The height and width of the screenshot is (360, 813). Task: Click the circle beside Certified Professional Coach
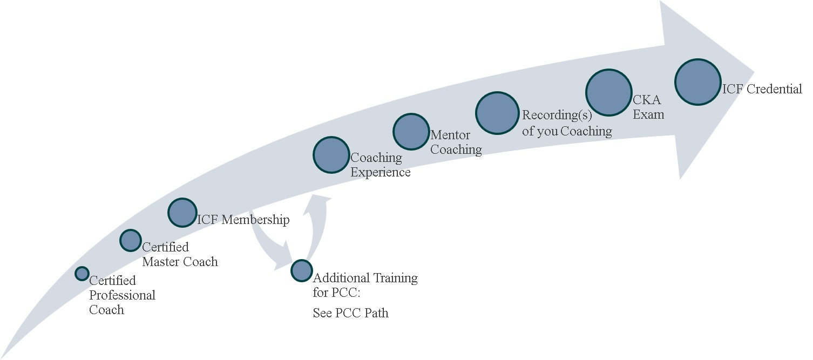click(x=82, y=274)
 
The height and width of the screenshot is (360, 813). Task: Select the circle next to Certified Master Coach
click(x=130, y=240)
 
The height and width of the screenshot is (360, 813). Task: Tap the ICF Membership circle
click(x=182, y=213)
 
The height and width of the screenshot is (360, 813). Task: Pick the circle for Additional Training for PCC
click(x=301, y=270)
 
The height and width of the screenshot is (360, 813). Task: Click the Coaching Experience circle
click(x=331, y=155)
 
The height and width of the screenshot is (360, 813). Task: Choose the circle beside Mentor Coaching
click(x=411, y=131)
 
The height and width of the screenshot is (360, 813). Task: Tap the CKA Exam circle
click(x=608, y=92)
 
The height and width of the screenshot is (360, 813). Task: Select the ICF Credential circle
click(x=698, y=82)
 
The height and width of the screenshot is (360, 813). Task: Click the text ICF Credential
click(x=762, y=89)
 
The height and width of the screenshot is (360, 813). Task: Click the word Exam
click(x=648, y=114)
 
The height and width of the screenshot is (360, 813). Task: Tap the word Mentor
click(x=450, y=135)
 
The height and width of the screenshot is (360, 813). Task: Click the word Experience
click(x=381, y=172)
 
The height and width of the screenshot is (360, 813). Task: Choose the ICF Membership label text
click(x=243, y=220)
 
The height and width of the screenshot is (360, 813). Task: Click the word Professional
click(x=122, y=295)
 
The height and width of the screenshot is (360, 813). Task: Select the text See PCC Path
click(x=350, y=313)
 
